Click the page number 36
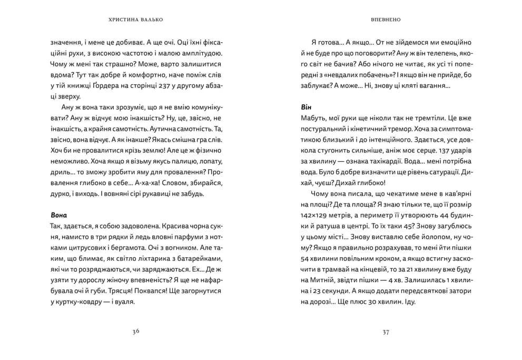pyautogui.click(x=136, y=332)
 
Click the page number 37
pyautogui.click(x=386, y=332)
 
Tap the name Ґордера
pyautogui.click(x=104, y=86)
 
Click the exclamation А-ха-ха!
pyautogui.click(x=152, y=183)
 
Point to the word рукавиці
pyautogui.click(x=166, y=193)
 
